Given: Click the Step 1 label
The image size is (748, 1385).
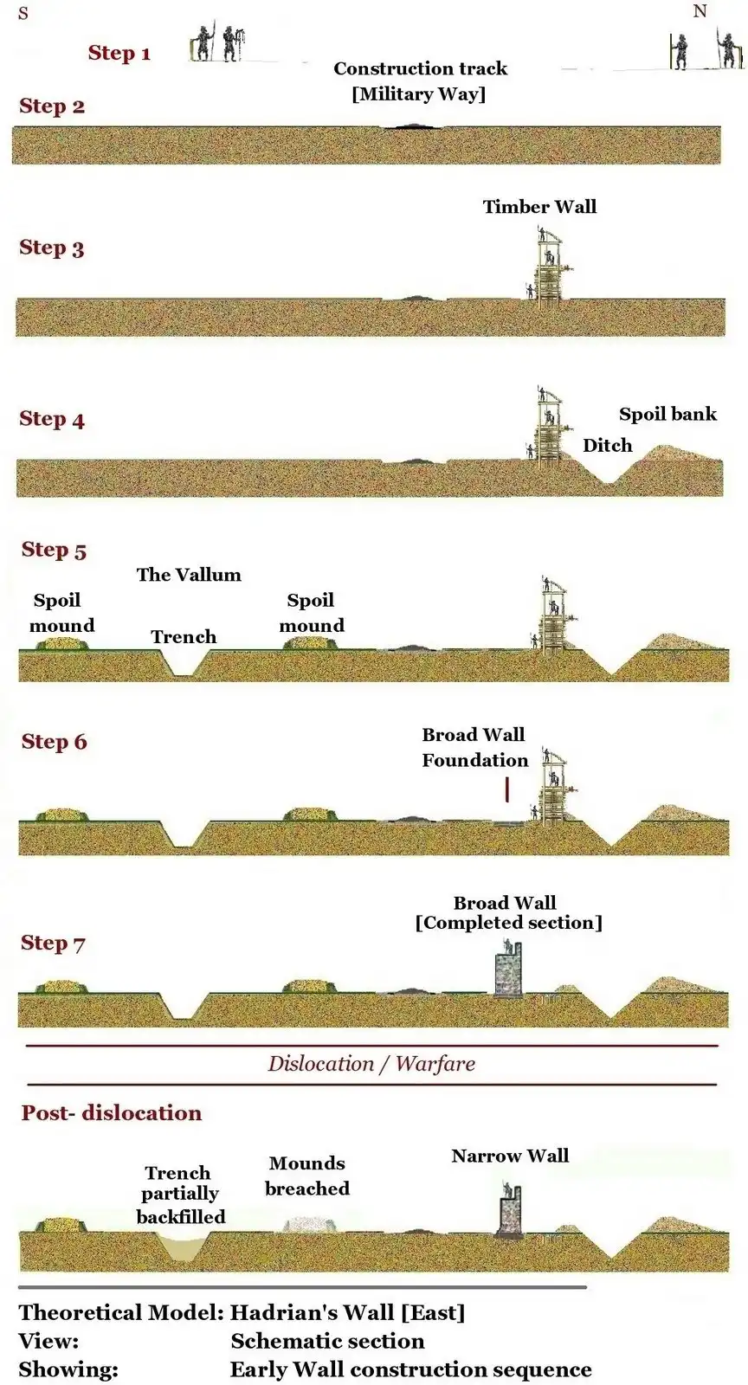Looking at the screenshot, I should [119, 53].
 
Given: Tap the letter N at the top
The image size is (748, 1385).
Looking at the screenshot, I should [700, 11].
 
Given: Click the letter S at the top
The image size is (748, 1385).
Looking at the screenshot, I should [23, 14].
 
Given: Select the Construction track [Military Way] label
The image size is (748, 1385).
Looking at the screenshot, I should [420, 81].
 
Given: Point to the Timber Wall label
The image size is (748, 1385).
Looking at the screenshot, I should [539, 206].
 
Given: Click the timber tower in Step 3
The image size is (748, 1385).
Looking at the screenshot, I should [547, 264].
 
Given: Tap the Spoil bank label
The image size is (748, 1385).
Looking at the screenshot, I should [667, 414].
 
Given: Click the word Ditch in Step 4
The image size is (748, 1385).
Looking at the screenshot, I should [607, 445].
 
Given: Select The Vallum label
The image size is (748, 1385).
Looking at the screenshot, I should [189, 575].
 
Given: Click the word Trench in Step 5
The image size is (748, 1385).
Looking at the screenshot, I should [184, 637].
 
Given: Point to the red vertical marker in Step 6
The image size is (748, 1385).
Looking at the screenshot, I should [506, 789].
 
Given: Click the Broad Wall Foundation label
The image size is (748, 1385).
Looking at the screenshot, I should [474, 747].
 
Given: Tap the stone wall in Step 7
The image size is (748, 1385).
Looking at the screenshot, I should [507, 970].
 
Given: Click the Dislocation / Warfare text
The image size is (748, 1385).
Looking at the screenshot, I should [371, 1064].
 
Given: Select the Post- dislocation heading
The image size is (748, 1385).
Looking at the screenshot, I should [111, 1113].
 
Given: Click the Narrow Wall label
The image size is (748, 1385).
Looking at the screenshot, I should [510, 1156].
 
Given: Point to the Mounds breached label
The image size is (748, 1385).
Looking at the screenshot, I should [307, 1176].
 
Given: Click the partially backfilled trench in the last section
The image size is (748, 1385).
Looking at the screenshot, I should [182, 1247].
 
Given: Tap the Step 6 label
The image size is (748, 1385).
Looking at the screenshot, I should [54, 742].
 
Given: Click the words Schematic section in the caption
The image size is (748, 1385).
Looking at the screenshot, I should [327, 1341].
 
